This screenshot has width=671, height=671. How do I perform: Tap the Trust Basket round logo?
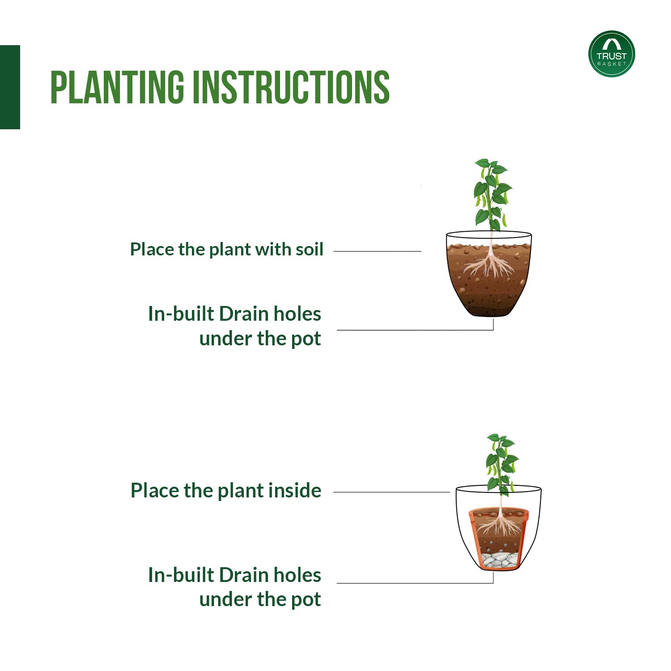pyautogui.click(x=612, y=54)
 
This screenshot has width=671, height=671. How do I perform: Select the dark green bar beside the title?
pyautogui.click(x=10, y=87)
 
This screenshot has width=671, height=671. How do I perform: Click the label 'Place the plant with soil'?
pyautogui.click(x=227, y=250)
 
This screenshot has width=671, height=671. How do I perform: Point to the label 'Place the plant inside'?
pyautogui.click(x=226, y=491)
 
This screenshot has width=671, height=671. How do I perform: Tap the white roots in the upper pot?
pyautogui.click(x=490, y=265)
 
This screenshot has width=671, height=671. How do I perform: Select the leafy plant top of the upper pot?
pyautogui.click(x=493, y=195)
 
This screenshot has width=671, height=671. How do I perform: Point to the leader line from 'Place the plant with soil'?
pyautogui.click(x=378, y=251)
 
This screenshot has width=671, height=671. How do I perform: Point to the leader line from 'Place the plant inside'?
pyautogui.click(x=392, y=492)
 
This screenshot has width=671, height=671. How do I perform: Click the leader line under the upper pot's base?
pyautogui.click(x=415, y=330)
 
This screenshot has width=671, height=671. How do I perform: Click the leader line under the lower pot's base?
pyautogui.click(x=415, y=583)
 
